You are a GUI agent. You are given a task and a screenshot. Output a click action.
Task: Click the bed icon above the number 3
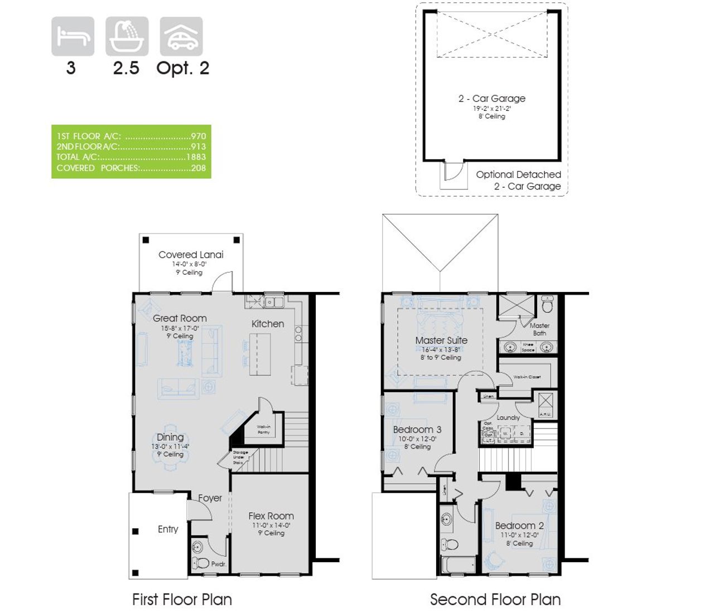[73, 36]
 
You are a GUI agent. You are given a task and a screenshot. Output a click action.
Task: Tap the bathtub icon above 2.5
[127, 36]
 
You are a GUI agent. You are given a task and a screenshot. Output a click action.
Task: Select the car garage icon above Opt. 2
[181, 36]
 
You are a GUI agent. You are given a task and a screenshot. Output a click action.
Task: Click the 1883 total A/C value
[196, 157]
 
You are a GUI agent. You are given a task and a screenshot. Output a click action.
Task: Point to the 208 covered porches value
[198, 168]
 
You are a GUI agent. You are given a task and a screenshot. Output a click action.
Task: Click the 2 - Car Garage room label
[491, 99]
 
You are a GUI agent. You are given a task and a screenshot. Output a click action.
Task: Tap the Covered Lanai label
[191, 255]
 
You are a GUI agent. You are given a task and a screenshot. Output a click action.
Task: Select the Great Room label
[180, 318]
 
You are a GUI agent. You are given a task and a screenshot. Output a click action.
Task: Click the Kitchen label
[268, 324]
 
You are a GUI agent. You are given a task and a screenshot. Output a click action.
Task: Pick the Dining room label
[170, 437]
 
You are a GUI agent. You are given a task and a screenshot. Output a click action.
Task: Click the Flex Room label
[271, 516]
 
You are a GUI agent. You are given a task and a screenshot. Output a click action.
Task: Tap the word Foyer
[210, 498]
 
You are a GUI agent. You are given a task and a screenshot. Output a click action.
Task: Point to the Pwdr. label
[218, 564]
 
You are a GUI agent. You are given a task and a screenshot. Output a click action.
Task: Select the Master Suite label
[441, 340]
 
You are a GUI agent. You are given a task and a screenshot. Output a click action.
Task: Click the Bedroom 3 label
[417, 430]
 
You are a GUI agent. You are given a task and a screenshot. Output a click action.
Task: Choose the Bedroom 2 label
[519, 526]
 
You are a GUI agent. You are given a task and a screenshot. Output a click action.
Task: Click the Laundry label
[508, 417]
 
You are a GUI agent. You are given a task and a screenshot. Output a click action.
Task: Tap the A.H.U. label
[545, 414]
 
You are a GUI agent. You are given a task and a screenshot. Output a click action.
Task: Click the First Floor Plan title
[182, 600]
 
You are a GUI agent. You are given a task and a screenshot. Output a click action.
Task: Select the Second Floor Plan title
[495, 600]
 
